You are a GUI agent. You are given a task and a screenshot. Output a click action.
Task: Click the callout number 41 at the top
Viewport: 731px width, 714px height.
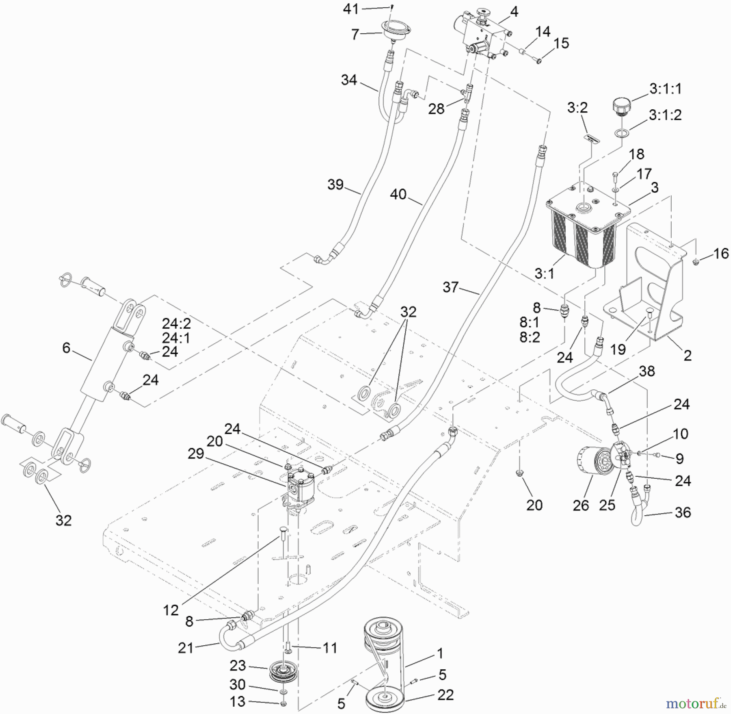click(351, 9)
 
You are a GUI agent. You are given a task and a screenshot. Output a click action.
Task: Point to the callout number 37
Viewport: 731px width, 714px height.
click(450, 287)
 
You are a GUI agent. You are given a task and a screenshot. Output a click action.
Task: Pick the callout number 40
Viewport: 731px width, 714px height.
click(398, 194)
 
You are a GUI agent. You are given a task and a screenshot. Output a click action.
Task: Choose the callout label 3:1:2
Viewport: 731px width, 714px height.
click(665, 115)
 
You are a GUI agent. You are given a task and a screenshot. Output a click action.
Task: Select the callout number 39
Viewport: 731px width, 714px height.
click(335, 184)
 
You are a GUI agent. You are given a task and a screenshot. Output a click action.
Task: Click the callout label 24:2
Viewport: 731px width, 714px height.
click(176, 324)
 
